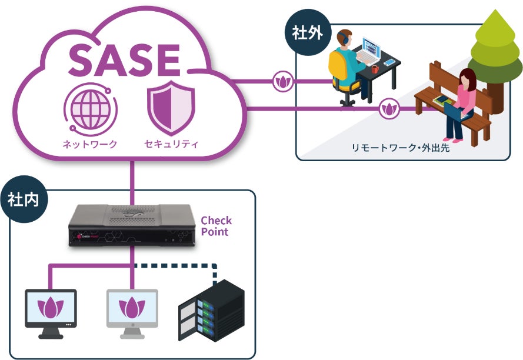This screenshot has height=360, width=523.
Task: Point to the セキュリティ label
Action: [171, 144]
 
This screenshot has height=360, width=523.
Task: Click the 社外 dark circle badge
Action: [307, 33]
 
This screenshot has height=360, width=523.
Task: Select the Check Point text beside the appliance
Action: [216, 226]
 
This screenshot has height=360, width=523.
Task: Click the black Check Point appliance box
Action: [132, 226]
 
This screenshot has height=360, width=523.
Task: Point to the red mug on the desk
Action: [375, 69]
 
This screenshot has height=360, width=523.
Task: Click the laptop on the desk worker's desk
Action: [369, 52]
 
